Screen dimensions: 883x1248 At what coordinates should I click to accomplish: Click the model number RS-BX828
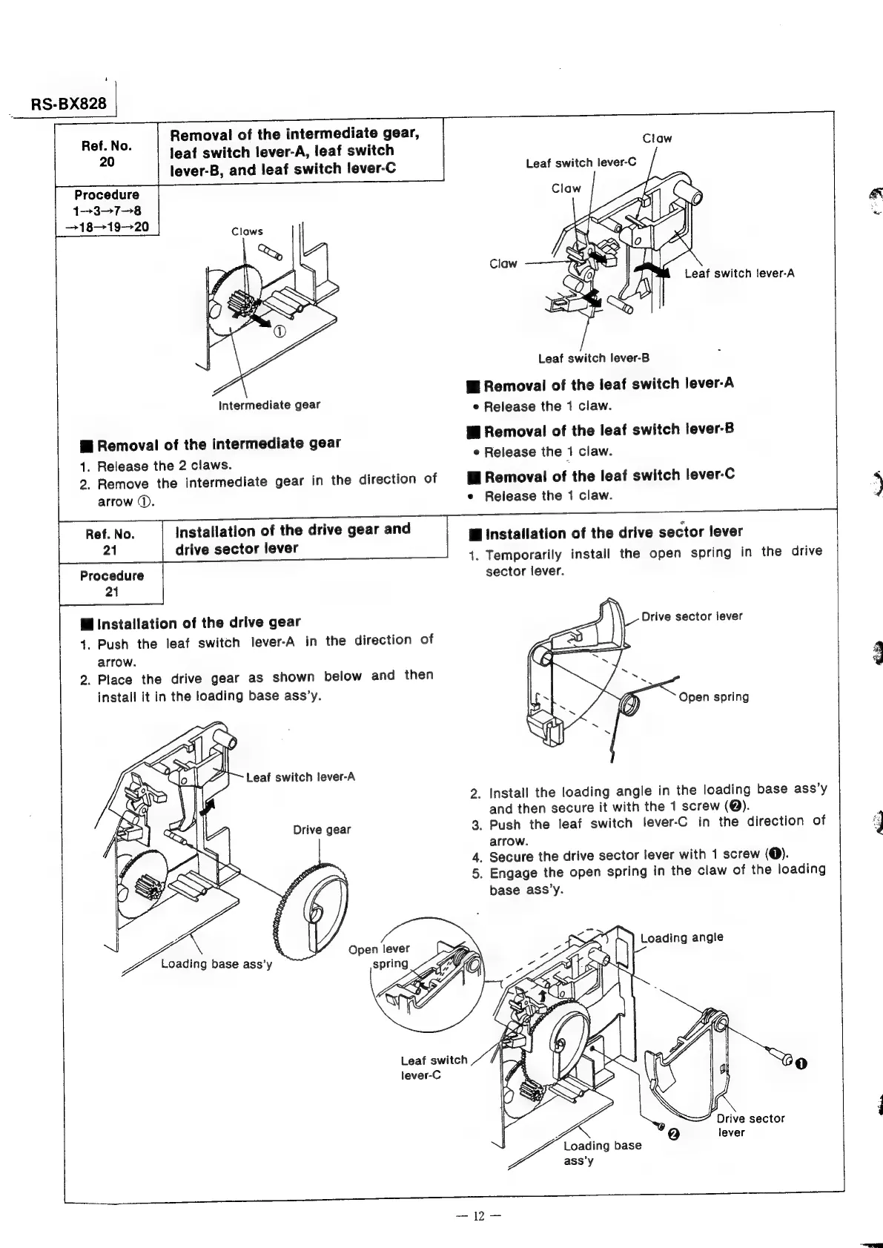tap(69, 104)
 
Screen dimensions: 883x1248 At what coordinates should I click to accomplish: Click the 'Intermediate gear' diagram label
tap(269, 405)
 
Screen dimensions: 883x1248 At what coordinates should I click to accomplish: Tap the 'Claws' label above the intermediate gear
tap(247, 231)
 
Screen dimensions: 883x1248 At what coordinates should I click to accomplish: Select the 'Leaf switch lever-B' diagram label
tap(593, 359)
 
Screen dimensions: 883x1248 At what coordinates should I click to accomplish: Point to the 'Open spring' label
tap(713, 697)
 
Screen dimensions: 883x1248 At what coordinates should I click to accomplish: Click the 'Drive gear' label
tap(322, 830)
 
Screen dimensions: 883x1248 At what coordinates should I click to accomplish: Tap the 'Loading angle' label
tap(681, 937)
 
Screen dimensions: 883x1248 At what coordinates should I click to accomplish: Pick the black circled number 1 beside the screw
tap(801, 1064)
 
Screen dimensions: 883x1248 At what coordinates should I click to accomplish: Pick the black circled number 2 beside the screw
tap(673, 1135)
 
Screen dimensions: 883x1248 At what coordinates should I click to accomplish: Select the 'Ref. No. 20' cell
tap(107, 153)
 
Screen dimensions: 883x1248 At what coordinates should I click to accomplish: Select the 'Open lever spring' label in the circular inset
tap(391, 956)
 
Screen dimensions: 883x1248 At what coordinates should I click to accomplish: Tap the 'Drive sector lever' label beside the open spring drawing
tap(691, 616)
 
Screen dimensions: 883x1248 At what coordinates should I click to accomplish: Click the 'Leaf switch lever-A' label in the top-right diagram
tap(739, 274)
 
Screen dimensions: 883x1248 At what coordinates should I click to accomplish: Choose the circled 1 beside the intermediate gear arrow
tap(280, 331)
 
